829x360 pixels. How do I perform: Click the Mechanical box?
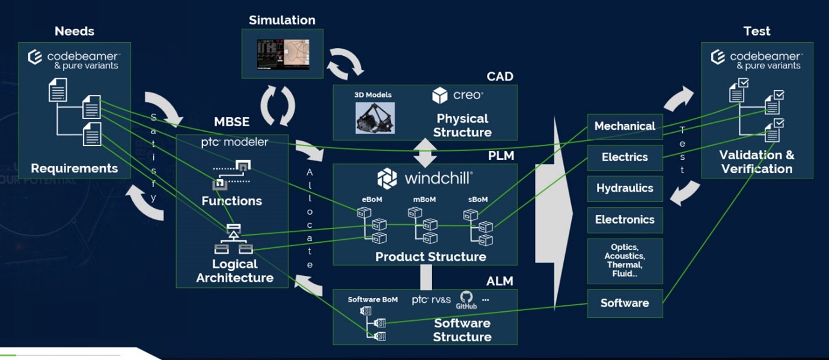click(625, 126)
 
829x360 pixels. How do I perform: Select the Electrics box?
click(625, 157)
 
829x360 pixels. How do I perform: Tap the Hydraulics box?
click(625, 189)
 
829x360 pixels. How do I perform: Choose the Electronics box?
click(625, 220)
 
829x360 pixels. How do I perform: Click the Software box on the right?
click(625, 304)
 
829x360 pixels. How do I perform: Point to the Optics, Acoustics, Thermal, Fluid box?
click(625, 261)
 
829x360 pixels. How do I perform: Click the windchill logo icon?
click(387, 178)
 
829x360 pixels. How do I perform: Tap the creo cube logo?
click(440, 96)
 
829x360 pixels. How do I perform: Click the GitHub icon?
click(466, 299)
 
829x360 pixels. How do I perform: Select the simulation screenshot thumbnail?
click(283, 54)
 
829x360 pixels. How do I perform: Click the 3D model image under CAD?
click(375, 118)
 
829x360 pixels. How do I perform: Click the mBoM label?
click(424, 200)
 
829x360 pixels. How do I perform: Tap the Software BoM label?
click(373, 299)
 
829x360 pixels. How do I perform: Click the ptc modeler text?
click(234, 142)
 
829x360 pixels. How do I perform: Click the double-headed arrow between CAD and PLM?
click(426, 153)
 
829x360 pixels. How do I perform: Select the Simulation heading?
click(282, 20)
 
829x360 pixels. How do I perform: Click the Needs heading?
click(75, 31)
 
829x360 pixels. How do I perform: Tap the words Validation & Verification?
click(756, 162)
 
